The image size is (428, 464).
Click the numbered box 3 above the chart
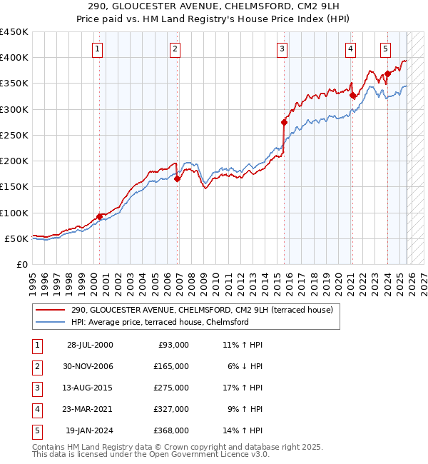tap(282, 49)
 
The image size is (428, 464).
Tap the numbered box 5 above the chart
tap(385, 49)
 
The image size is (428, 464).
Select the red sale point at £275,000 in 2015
tap(284, 122)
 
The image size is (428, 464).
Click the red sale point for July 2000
tap(99, 216)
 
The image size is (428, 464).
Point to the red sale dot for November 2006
tap(178, 179)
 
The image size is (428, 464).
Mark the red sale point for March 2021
tap(352, 95)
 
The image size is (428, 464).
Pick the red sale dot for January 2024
tap(387, 74)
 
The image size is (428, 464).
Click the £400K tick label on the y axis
tap(14, 58)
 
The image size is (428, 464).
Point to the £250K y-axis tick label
tap(14, 135)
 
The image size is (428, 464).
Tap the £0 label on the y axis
tap(21, 264)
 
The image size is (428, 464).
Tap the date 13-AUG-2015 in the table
tap(90, 388)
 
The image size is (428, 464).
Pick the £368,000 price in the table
tap(171, 430)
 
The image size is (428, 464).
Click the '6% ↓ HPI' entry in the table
tap(243, 366)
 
